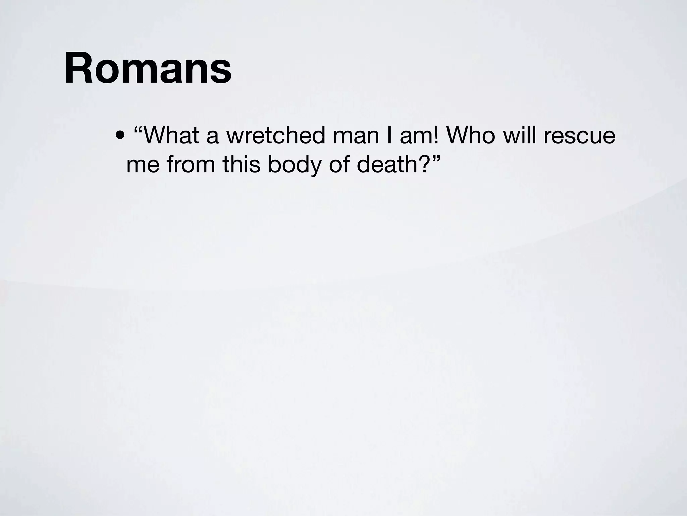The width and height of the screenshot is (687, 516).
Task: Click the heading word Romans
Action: [x=148, y=69]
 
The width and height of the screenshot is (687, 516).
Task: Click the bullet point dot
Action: [x=119, y=136]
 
